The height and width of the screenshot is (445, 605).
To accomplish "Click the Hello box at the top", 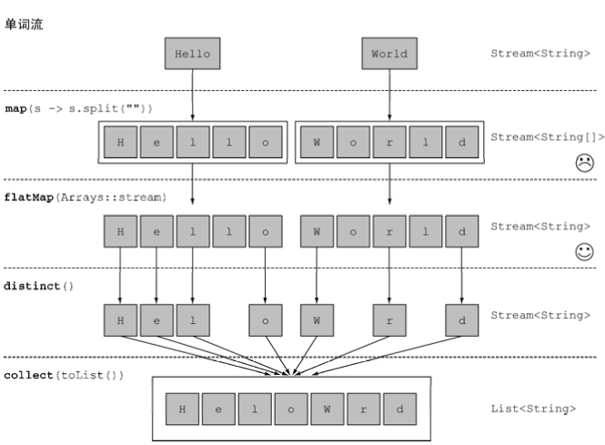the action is coord(193,54).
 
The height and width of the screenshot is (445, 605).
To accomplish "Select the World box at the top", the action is coord(389,54).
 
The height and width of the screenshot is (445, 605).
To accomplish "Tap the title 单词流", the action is coord(24,25).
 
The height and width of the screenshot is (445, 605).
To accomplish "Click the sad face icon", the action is coord(585,163).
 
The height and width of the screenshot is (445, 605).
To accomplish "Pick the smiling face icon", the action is coord(585,252).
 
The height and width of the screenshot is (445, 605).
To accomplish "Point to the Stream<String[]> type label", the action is coord(548,137).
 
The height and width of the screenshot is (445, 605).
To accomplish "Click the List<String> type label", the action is coord(533,409).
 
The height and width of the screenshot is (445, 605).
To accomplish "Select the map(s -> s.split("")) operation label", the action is coord(79,108).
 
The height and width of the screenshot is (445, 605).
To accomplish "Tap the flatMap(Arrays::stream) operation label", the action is coord(86,197).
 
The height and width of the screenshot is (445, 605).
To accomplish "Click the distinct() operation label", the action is coord(38,286).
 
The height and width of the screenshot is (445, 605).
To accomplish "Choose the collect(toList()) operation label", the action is coord(64,375).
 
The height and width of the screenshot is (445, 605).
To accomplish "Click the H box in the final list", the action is coord(182,410).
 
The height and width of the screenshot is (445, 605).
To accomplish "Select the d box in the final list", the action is coord(399,410).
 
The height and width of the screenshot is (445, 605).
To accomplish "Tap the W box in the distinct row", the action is coord(317,320).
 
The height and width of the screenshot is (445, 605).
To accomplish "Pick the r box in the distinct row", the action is coord(389,320).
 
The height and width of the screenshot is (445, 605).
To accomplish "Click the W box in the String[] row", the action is coord(317,142).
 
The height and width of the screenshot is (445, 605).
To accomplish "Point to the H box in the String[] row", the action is coord(120,142).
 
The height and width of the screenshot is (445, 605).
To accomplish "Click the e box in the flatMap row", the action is coord(156,231).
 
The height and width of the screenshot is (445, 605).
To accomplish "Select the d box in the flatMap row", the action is coord(462,231).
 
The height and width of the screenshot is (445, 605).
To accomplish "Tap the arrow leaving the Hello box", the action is coord(193,95).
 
